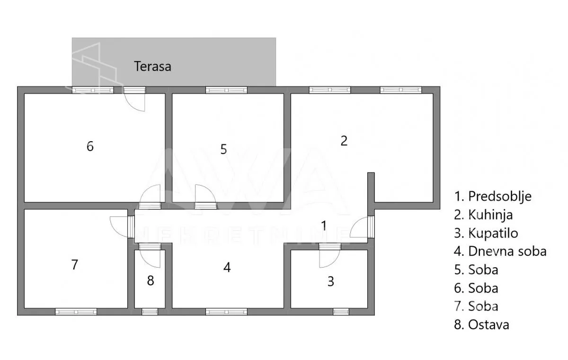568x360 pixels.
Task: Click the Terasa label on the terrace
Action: [x=152, y=66]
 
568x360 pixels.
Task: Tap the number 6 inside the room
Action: [x=90, y=146]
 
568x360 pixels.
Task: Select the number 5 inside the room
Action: [x=223, y=149]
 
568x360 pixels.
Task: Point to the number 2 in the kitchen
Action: [x=344, y=141]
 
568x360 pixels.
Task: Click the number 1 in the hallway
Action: [x=324, y=225]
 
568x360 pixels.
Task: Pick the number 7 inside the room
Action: [x=74, y=265]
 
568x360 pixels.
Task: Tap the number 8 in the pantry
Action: [x=151, y=280]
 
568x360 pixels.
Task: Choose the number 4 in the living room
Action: [x=227, y=268]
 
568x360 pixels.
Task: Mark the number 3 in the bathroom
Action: [x=331, y=281]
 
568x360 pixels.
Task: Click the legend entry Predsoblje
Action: [x=493, y=197]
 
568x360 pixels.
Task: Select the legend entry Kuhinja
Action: [x=483, y=215]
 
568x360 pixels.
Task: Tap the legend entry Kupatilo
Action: [x=486, y=233]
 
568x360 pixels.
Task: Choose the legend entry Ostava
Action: [x=481, y=325]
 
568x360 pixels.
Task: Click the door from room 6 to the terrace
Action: [x=134, y=99]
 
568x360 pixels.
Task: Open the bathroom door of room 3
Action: [x=329, y=255]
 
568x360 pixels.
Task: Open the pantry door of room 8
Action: [x=150, y=255]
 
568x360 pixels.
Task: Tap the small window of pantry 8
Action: [x=150, y=312]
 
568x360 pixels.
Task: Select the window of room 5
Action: [x=226, y=90]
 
